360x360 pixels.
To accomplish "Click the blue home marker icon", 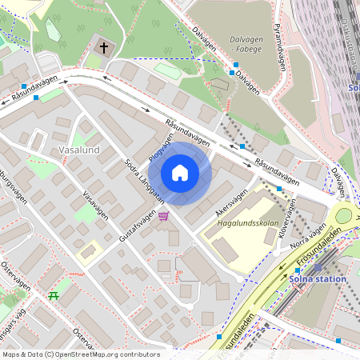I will [x=180, y=173].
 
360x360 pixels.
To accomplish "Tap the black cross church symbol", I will [x=103, y=48].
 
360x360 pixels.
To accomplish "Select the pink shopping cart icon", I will [x=163, y=215].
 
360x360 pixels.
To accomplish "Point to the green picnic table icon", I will [x=54, y=296].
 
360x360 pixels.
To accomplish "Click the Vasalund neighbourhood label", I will [x=78, y=150].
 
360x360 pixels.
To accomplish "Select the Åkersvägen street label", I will [x=232, y=199].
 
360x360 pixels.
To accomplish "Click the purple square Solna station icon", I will [x=318, y=269].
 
